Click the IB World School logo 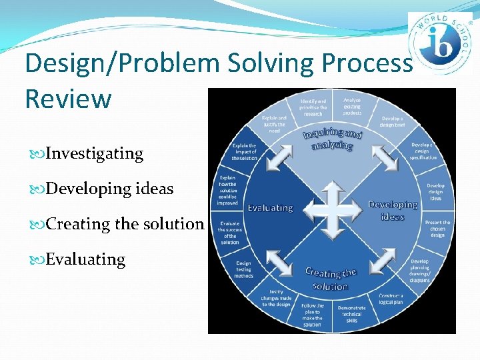tap(439, 43)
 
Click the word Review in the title tap(68, 98)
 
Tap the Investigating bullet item tap(94, 153)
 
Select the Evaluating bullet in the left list tap(85, 259)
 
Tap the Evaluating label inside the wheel tap(270, 207)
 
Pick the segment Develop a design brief tap(391, 122)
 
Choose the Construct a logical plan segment tap(391, 298)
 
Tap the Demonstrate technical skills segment tap(351, 314)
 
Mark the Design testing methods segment tap(243, 269)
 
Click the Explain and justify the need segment tap(274, 124)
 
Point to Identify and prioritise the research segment tap(313, 106)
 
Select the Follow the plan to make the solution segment tap(312, 314)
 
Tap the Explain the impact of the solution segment tap(244, 152)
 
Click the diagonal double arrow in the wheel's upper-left tap(279, 157)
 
